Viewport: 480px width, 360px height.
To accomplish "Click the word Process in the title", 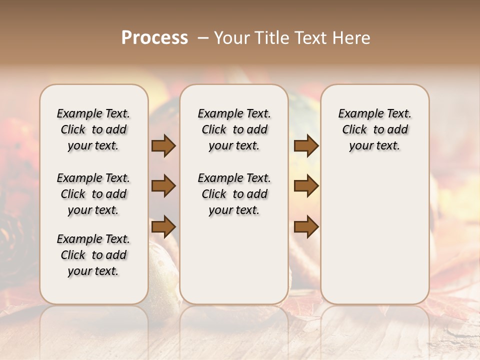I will click(154, 37).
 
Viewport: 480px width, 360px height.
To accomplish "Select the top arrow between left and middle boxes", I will click(163, 145).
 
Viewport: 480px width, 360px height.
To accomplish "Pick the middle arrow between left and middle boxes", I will click(163, 186).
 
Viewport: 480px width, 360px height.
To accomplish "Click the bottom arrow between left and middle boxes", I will click(163, 226).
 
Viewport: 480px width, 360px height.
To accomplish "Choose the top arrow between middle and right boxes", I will click(306, 145).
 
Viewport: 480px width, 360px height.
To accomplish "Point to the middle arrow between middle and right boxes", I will click(306, 186).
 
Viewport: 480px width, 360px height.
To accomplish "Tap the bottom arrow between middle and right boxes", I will click(306, 226).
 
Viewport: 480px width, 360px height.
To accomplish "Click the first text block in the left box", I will click(93, 129).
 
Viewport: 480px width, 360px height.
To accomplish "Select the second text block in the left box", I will click(93, 194).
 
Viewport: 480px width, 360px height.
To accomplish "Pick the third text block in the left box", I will click(93, 255).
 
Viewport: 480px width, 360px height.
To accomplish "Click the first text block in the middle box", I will click(234, 129).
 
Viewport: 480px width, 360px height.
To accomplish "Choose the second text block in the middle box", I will click(234, 194).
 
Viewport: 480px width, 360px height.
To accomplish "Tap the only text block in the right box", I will click(374, 129).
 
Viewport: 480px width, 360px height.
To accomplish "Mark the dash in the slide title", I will click(203, 37).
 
